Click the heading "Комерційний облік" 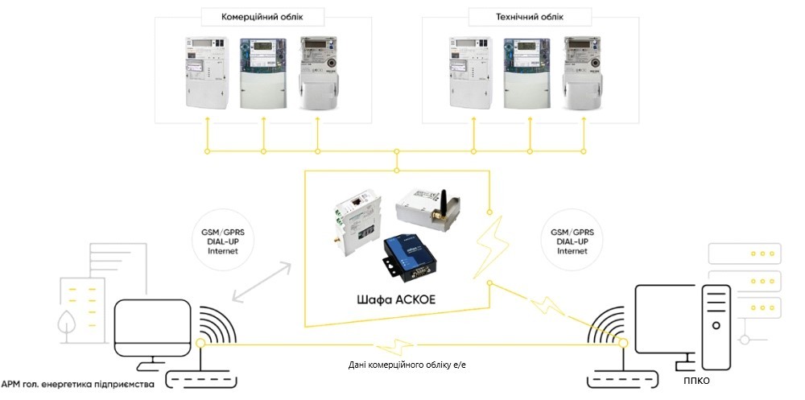point(262,16)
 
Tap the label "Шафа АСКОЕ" point(391,301)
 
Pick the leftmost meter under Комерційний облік point(208,72)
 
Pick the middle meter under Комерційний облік point(264,72)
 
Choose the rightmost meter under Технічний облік point(584,72)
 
